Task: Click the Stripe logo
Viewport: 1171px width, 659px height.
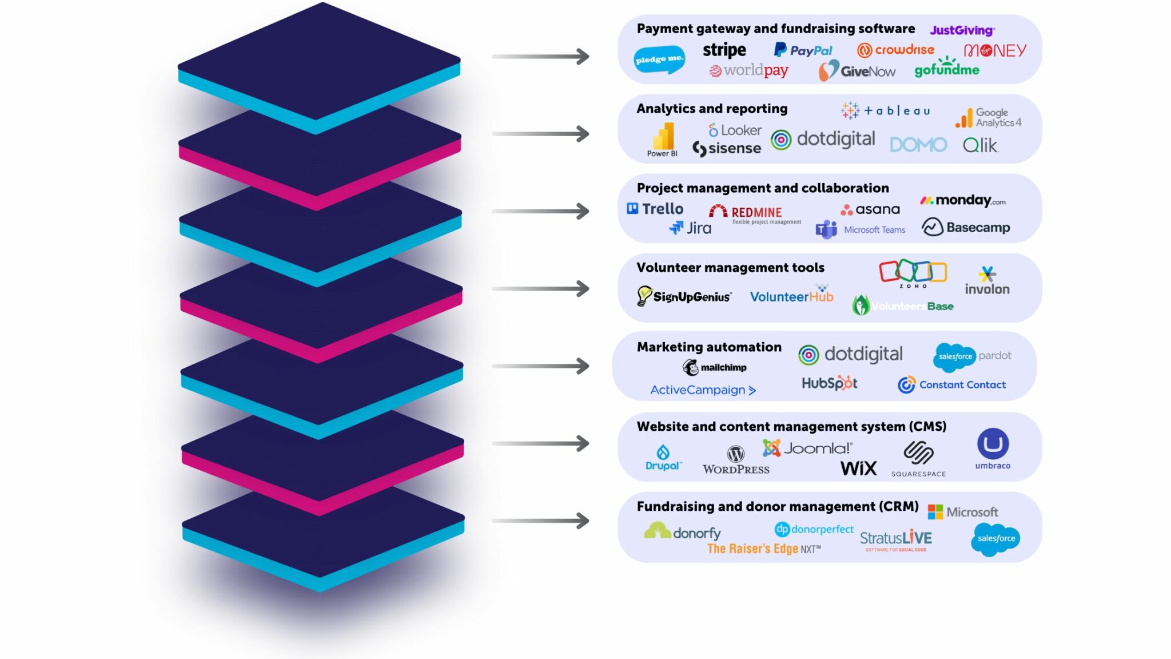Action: pyautogui.click(x=724, y=50)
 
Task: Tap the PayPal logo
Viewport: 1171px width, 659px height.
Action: pyautogui.click(x=803, y=50)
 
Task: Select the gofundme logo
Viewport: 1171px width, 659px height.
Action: pyautogui.click(x=947, y=69)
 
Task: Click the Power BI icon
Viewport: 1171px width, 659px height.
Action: pyautogui.click(x=663, y=138)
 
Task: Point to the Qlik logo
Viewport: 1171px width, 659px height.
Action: pyautogui.click(x=981, y=145)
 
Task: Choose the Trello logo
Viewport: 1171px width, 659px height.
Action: pyautogui.click(x=655, y=209)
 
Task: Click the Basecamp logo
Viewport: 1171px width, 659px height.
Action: pyautogui.click(x=966, y=227)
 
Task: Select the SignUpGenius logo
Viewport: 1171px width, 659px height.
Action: pyautogui.click(x=684, y=296)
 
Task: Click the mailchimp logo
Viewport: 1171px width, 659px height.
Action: pyautogui.click(x=714, y=367)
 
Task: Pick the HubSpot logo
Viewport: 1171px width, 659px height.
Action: pyautogui.click(x=829, y=383)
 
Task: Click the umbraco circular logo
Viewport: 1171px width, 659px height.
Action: pyautogui.click(x=993, y=444)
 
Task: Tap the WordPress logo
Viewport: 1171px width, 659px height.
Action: pyautogui.click(x=736, y=460)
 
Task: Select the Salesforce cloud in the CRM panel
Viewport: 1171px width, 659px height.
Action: pyautogui.click(x=995, y=539)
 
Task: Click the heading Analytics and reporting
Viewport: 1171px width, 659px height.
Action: pyautogui.click(x=712, y=109)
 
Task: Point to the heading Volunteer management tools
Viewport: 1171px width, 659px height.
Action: pyautogui.click(x=730, y=268)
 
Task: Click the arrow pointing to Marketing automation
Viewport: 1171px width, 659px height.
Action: pyautogui.click(x=540, y=366)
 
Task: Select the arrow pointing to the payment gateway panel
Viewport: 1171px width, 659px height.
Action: pyautogui.click(x=540, y=57)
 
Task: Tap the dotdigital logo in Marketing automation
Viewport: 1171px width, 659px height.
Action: pyautogui.click(x=850, y=355)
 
